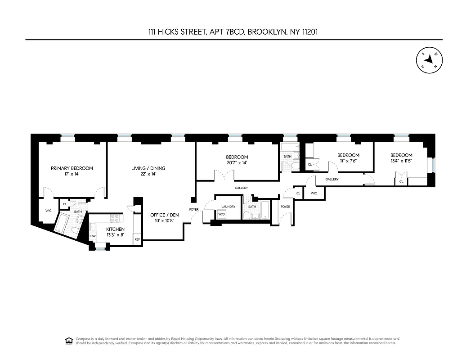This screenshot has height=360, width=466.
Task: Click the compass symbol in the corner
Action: point(430,59)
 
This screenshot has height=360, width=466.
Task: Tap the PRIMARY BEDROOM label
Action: point(72,168)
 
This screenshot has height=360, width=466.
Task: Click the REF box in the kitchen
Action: point(137,239)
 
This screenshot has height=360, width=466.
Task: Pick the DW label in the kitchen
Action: point(93,236)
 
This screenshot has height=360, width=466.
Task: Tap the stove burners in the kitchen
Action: point(115,219)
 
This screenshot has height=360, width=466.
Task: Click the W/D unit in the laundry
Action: point(221,215)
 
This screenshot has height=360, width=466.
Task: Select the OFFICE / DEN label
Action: point(165,215)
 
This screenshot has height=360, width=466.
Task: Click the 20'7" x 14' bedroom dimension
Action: point(237,163)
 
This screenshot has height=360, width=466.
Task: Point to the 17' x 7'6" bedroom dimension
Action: point(349,161)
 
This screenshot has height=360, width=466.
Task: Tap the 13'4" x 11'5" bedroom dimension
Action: point(401,161)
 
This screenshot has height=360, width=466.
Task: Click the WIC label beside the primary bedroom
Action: point(48,210)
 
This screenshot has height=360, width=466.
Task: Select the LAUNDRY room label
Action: point(229,207)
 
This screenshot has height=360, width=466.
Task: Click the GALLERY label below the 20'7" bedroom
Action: point(241,188)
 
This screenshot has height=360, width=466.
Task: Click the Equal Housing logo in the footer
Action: point(69,340)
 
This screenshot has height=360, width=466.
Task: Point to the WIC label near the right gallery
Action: point(314,193)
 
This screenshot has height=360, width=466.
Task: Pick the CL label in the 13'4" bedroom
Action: point(401,181)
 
